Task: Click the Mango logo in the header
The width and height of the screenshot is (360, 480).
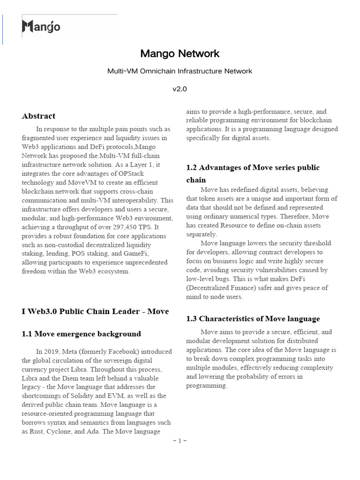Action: [41, 27]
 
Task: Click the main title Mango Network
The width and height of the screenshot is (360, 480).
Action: [180, 54]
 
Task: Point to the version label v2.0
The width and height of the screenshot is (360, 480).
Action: [180, 89]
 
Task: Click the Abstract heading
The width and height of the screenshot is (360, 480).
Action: [38, 116]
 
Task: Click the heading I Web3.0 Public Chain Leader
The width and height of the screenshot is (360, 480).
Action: [95, 311]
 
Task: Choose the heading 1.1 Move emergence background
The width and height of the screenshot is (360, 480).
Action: [81, 334]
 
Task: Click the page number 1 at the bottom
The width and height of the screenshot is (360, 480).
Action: [180, 441]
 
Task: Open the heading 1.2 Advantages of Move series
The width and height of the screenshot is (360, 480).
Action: [253, 167]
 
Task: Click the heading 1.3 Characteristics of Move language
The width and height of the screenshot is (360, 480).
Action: [253, 319]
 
